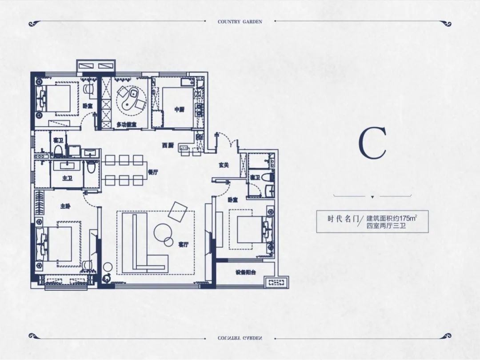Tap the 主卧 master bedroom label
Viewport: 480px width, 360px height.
pos(65,206)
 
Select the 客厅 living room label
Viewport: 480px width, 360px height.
pos(184,244)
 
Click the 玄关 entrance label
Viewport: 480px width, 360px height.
pos(224,165)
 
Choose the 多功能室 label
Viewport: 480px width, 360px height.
pos(126,125)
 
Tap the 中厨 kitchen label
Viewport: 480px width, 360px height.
pos(180,110)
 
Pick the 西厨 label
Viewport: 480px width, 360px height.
pos(168,145)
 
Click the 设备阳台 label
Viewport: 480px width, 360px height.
pos(246,272)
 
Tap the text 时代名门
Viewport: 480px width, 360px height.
pos(343,219)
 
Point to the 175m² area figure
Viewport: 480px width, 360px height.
pos(409,218)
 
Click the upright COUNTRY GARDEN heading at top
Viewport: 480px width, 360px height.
pos(240,22)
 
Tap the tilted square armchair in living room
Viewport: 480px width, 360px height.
pos(177,211)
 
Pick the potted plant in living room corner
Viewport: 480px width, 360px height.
pos(107,278)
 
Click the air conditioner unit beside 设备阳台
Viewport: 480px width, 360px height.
pos(276,282)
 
